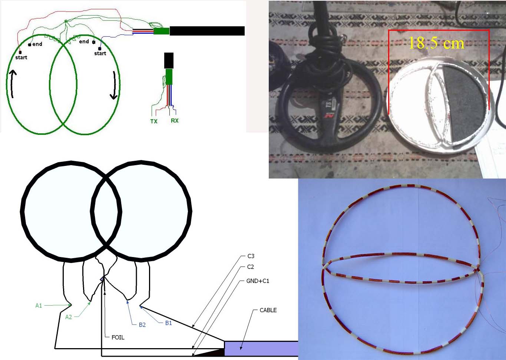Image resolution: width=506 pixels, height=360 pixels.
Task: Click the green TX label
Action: tap(154, 121)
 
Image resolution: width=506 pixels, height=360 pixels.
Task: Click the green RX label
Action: tap(175, 120)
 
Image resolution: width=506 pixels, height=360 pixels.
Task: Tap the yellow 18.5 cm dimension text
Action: tap(436, 43)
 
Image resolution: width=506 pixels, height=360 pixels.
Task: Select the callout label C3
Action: tap(251, 256)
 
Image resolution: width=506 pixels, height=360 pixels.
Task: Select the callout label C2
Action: tap(251, 267)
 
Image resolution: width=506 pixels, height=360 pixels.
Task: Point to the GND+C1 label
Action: tap(258, 281)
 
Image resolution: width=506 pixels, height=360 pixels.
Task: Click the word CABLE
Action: tap(268, 310)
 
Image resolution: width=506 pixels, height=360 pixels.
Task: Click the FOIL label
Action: tap(118, 337)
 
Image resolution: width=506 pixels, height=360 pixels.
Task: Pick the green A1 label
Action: tap(39, 306)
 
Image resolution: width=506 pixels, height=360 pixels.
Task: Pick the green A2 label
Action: tap(69, 317)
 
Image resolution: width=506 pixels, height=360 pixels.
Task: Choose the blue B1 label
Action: tap(169, 323)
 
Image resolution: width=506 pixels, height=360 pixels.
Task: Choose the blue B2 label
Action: tap(142, 325)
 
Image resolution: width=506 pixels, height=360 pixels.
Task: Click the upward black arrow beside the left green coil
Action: tap(13, 83)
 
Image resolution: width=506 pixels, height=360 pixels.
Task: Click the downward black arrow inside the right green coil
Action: tap(114, 85)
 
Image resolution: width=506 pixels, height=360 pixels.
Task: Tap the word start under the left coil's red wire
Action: tap(21, 57)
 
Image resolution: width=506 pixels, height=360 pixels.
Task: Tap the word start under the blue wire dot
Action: tap(100, 53)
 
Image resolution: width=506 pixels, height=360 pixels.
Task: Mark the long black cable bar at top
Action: tap(207, 31)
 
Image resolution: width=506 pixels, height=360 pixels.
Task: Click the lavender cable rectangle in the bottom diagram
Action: tap(261, 349)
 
